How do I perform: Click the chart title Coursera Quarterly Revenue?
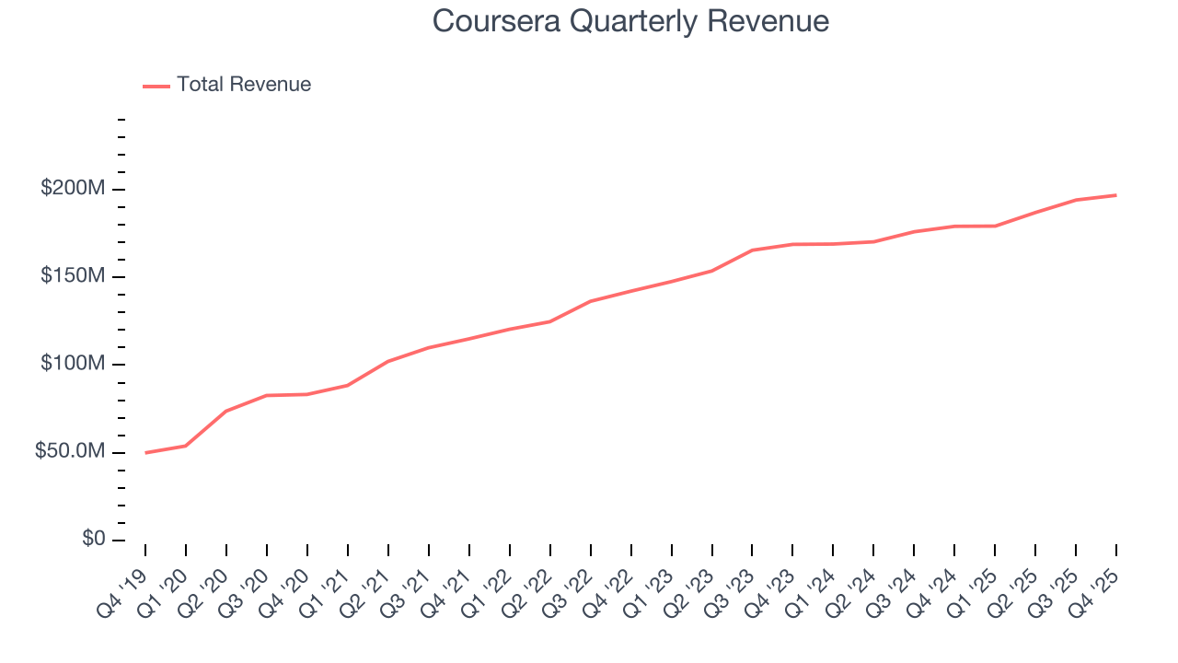(x=630, y=21)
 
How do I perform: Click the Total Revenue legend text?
(x=244, y=85)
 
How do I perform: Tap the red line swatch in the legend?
(x=156, y=86)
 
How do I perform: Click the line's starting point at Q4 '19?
(x=145, y=453)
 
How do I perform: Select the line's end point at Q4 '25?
(x=1116, y=195)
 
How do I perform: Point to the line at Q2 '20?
(x=226, y=411)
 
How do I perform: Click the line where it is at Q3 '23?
(x=752, y=250)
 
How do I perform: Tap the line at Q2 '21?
(x=388, y=361)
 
